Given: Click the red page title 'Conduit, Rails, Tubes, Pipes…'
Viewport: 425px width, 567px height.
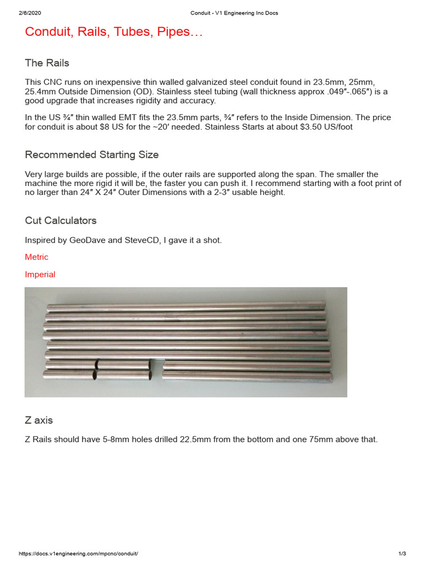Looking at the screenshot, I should coord(114,33).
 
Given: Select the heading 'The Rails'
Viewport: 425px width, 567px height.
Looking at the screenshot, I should coord(47,63).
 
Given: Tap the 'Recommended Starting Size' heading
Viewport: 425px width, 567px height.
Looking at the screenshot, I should coord(92,154).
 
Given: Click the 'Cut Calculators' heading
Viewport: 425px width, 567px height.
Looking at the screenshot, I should coord(61,220).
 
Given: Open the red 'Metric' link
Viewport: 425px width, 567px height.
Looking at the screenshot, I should coord(37,257).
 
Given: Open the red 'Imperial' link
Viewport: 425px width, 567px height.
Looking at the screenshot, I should coord(40,274).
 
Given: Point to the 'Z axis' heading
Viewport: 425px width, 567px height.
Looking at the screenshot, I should coord(39,420).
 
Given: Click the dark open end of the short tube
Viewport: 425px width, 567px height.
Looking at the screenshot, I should coord(96,375).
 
